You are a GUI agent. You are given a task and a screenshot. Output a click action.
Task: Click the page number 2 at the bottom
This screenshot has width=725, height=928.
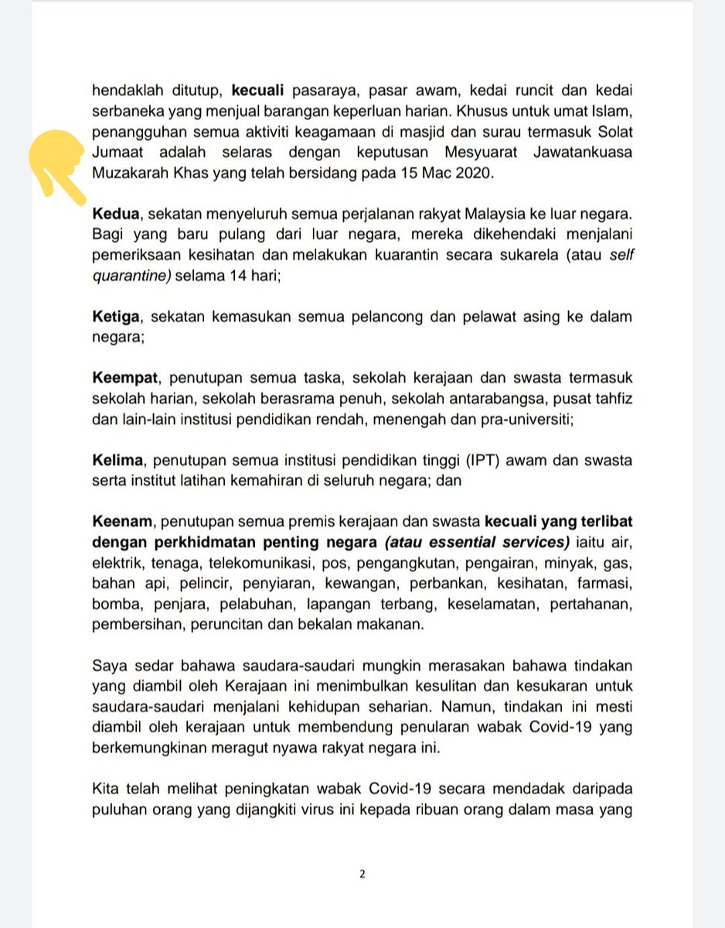click(x=362, y=875)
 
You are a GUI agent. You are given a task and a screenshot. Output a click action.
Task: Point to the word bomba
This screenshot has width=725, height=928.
click(x=112, y=605)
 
